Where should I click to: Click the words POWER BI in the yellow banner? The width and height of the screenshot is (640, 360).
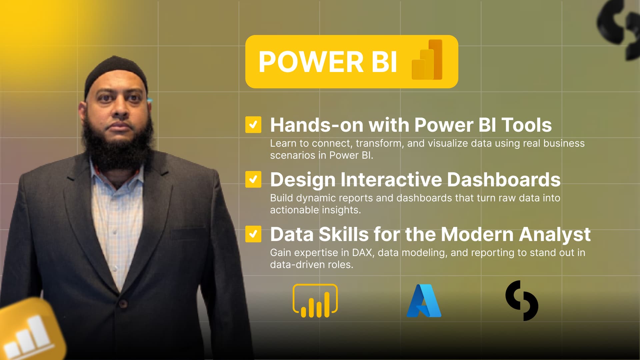tap(328, 62)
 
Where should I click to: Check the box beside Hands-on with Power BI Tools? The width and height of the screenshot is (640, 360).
tap(253, 125)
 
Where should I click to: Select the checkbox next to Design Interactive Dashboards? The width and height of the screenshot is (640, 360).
tap(253, 179)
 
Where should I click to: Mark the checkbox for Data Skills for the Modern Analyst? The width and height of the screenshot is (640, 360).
tap(253, 234)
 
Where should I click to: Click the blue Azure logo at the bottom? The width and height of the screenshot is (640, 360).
tap(424, 301)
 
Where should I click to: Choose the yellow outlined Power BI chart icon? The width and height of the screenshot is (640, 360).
tap(315, 301)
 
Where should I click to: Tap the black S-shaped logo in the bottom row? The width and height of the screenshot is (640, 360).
tap(522, 301)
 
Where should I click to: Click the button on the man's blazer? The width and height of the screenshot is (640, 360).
tap(123, 303)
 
